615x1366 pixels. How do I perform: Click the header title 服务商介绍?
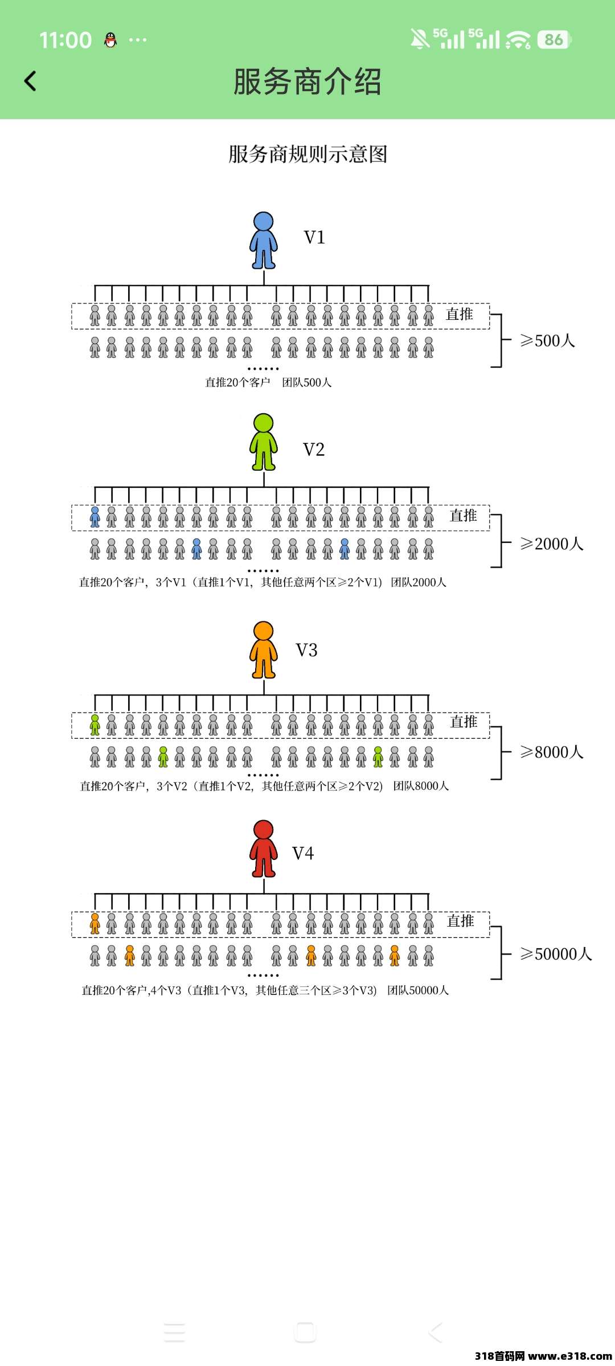pos(307,81)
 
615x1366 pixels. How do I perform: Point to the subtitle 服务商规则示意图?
pos(307,154)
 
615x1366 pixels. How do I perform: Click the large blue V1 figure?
pos(264,240)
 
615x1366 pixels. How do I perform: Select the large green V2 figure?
pos(264,442)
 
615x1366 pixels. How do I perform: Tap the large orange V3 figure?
pos(264,650)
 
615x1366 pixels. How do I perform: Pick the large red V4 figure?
pos(264,849)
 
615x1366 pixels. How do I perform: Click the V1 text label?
pos(314,237)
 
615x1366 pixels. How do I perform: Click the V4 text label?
pos(303,853)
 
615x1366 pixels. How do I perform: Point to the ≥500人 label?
pos(547,341)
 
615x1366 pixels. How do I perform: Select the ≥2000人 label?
pos(551,544)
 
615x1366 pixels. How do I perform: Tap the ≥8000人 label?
pos(551,752)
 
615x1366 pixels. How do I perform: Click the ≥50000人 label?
pos(556,954)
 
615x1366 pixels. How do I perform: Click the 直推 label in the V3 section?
pos(464,722)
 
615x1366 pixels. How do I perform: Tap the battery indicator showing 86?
pos(553,39)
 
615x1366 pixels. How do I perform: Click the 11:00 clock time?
pos(65,40)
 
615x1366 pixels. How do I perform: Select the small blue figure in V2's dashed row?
pos(95,517)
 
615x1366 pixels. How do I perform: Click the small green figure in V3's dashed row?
pos(95,725)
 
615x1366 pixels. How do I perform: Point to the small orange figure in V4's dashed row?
pos(95,924)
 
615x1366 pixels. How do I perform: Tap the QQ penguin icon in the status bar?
pos(110,40)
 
